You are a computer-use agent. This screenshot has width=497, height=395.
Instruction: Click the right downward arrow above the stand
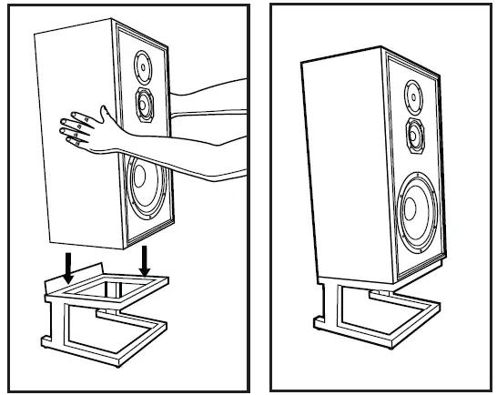coord(144,261)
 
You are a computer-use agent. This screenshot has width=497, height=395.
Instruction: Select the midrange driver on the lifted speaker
coord(144,106)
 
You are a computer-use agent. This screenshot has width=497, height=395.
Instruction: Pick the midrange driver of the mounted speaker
coord(415,134)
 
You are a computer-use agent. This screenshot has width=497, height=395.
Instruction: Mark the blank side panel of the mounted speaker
coord(341,164)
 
